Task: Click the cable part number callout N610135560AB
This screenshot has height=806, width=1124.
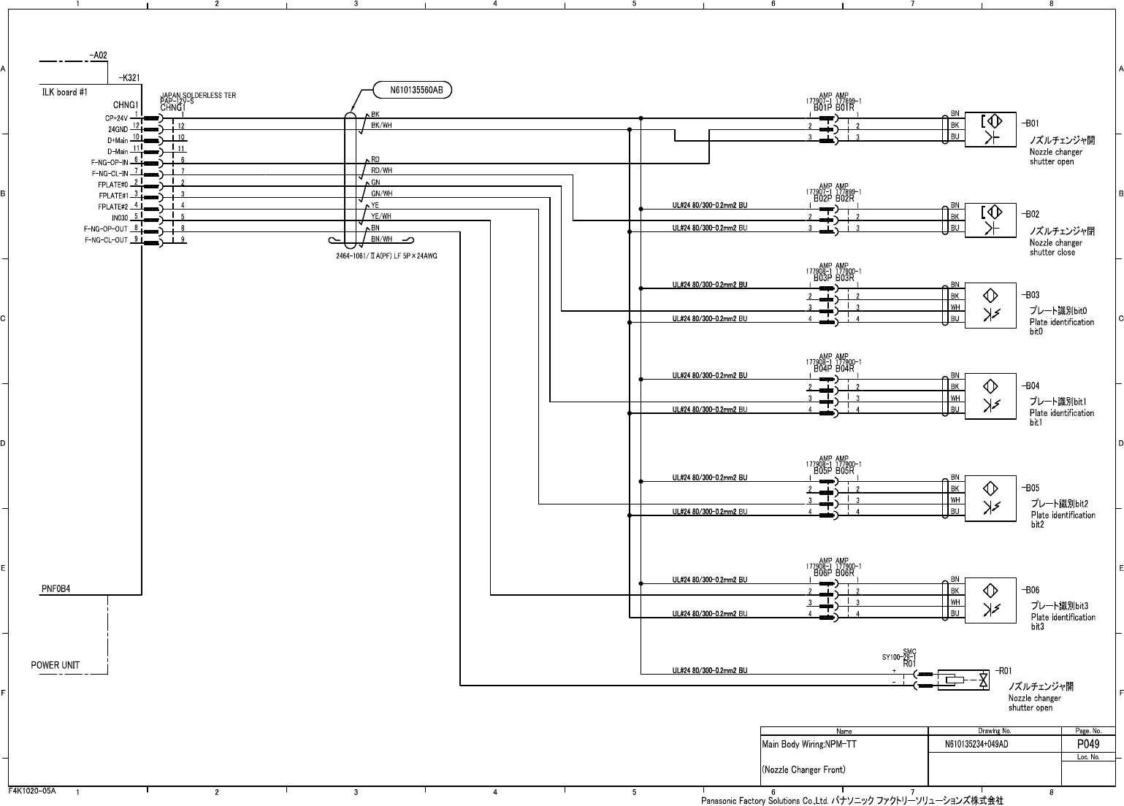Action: [413, 91]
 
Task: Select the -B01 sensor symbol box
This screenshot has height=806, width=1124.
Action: [990, 130]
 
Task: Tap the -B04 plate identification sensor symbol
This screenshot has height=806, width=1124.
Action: [990, 398]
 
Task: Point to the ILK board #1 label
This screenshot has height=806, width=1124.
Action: [64, 93]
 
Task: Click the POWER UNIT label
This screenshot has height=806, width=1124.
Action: [56, 665]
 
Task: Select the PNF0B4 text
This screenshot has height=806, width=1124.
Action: [56, 588]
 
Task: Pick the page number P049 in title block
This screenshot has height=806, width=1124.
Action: [1088, 744]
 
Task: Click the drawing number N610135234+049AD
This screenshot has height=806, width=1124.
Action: [976, 745]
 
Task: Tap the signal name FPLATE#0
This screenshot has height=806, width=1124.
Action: [113, 185]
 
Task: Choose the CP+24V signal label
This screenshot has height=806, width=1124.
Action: [117, 118]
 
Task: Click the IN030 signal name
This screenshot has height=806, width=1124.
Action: [120, 218]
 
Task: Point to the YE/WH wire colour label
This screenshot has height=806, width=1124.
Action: [381, 216]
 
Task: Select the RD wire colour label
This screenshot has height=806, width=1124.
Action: [375, 159]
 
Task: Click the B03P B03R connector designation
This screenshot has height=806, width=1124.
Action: [833, 278]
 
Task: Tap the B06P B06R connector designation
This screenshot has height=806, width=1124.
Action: [833, 573]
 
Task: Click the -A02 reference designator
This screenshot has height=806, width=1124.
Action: [98, 55]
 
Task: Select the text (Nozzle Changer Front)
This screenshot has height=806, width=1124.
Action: [803, 769]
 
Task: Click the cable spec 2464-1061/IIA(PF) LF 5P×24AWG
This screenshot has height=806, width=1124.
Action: [386, 256]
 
